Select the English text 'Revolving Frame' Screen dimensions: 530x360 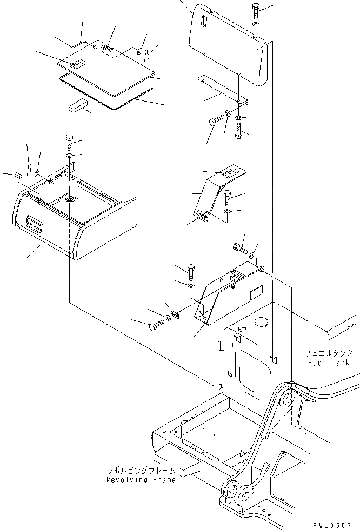141,480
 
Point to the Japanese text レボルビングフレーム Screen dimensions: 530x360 141,471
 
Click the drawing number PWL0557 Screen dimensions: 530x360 336,525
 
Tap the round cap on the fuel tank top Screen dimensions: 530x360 261,322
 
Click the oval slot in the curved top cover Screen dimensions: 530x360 203,22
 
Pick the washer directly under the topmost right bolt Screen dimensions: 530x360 256,25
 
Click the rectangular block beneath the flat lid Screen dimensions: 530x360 77,105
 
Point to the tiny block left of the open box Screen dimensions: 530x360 18,175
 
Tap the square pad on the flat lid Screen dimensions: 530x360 78,63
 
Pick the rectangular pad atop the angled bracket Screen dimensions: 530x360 229,173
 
